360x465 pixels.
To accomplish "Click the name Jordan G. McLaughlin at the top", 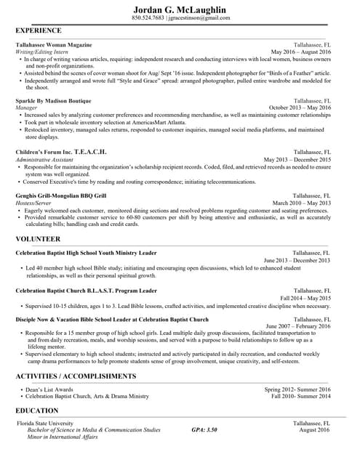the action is pos(180,9).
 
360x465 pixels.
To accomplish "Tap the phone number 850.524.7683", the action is pos(148,17).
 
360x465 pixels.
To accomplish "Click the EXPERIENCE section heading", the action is pos(39,31).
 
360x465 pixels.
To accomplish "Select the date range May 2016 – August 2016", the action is pos(300,52).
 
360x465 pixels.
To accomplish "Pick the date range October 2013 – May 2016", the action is pos(300,108).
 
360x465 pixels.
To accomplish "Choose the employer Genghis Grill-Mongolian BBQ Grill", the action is pos(61,195).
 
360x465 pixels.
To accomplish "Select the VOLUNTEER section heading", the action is pos(38,238).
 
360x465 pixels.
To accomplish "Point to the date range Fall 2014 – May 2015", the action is pos(305,298).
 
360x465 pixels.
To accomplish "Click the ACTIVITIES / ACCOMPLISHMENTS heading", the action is pos(76,376).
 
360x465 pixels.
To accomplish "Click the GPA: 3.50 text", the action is pos(204,430).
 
